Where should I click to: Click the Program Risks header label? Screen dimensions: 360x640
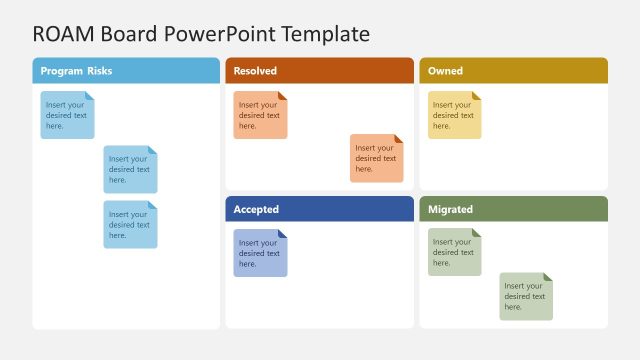coord(77,71)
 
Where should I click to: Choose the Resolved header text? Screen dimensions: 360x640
coord(255,71)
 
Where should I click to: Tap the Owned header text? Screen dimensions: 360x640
coord(445,71)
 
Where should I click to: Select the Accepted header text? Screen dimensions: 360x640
coord(256,209)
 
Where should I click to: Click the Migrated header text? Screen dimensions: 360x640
coord(450,209)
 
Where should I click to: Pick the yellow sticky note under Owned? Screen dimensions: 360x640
coord(454,115)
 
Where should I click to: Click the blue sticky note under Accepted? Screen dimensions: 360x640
coord(260,253)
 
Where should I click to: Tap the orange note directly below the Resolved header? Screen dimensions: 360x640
coord(260,115)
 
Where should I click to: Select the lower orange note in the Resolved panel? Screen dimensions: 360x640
coord(376,158)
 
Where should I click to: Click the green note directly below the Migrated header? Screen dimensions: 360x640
coord(454,252)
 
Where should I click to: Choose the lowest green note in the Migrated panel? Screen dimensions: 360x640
coord(526,296)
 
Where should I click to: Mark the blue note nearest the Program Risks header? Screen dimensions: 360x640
coord(67,115)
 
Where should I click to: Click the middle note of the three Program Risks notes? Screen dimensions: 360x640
coord(130,169)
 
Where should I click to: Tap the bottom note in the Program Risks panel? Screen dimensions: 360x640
coord(130,224)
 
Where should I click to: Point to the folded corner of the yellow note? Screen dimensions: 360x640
coord(477,96)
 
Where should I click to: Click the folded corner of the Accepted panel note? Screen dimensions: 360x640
coord(283,234)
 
